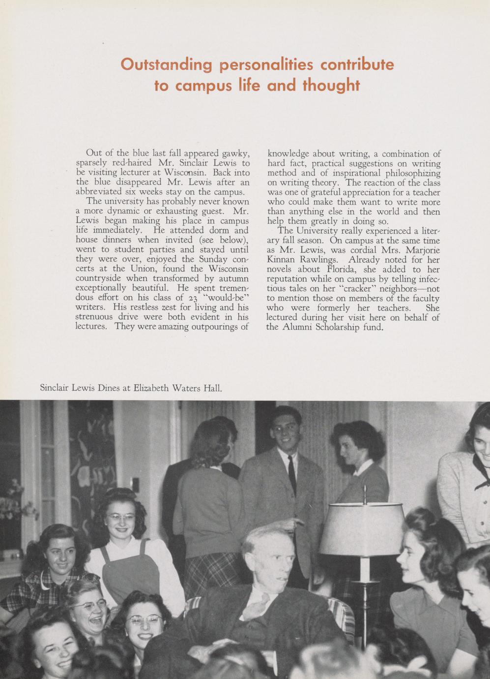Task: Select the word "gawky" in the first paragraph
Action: [236, 154]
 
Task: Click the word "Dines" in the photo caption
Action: [105, 388]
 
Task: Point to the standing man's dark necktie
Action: [292, 475]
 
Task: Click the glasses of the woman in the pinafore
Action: [120, 518]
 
